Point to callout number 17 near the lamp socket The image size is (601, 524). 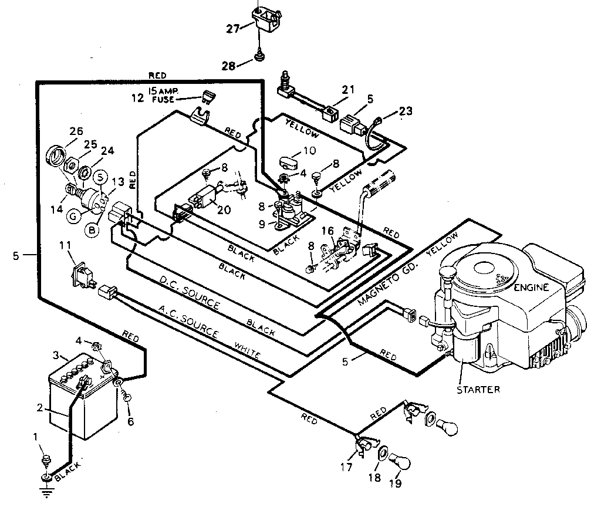(x=346, y=467)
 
